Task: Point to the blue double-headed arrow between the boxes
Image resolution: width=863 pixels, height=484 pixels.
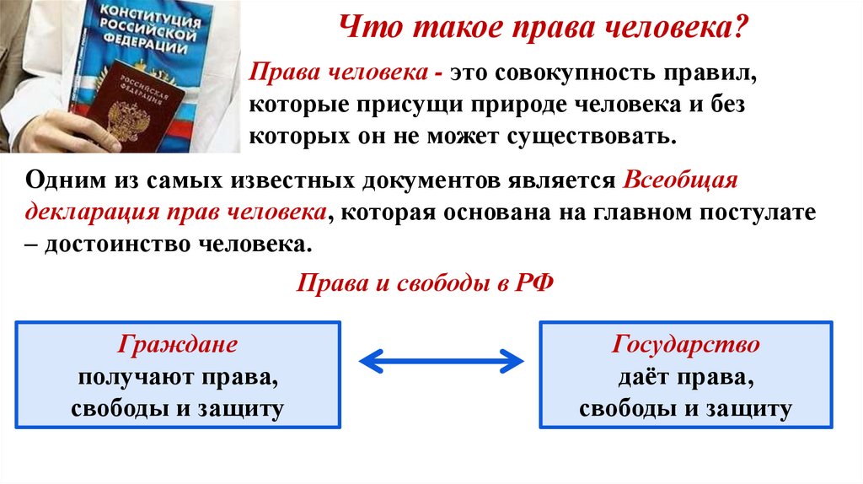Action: pos(440,361)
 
